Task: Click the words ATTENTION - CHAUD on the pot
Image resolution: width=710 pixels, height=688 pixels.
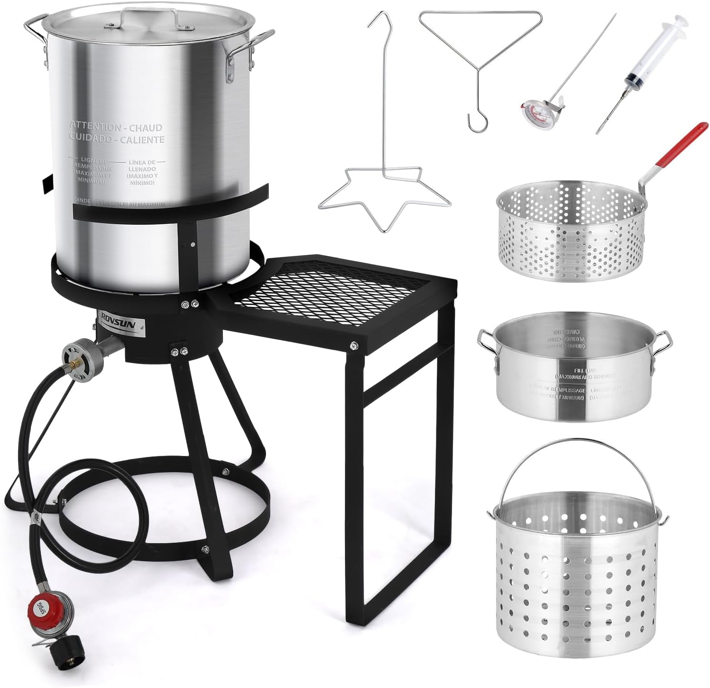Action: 117,127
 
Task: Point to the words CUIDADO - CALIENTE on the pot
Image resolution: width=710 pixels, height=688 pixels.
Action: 117,139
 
